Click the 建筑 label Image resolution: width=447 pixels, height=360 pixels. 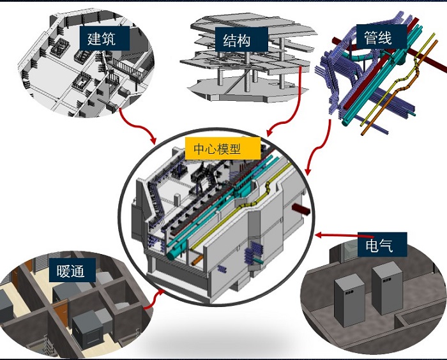tap(102, 38)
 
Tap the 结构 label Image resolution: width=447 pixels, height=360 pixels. tap(236, 41)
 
